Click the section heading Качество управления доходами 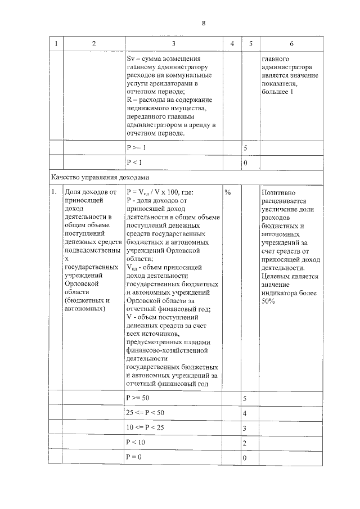98,177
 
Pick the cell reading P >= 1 136,147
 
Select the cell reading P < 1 134,163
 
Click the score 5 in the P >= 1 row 245,148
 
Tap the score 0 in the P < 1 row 245,163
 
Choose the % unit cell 228,192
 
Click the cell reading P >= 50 138,398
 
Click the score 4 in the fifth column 245,414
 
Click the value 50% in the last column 268,301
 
